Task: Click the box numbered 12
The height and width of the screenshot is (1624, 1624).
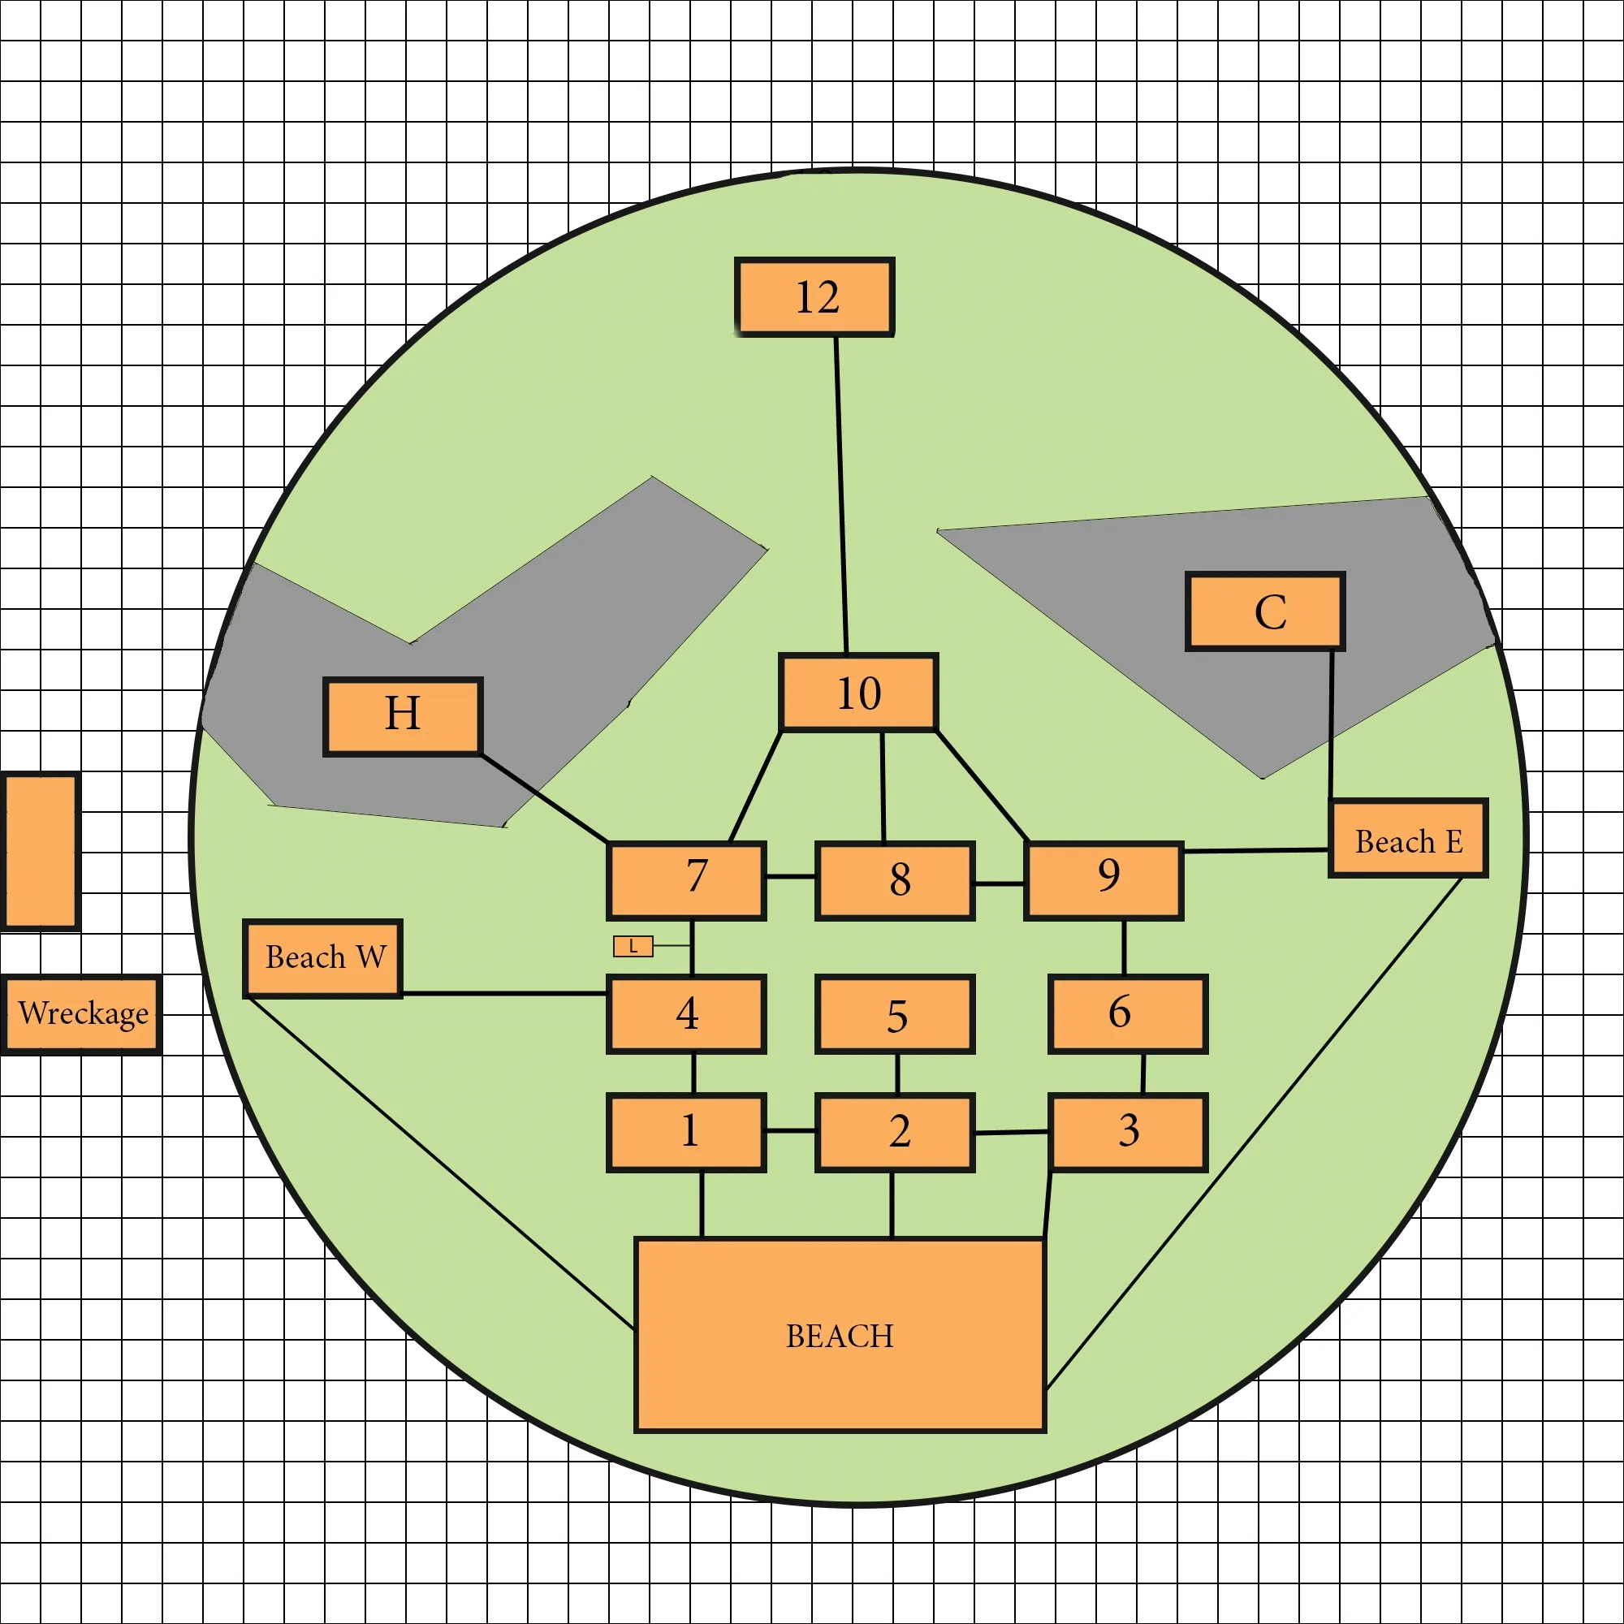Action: coord(814,296)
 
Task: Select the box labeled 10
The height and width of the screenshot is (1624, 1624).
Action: coord(858,693)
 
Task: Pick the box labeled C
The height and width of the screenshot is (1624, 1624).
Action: coord(1265,612)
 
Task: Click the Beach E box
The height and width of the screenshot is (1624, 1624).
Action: coord(1409,839)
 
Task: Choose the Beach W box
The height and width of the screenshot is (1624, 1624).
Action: coord(323,959)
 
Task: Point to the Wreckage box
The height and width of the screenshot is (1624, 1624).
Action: coord(80,1014)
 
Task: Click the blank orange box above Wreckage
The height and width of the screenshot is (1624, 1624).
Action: coord(41,853)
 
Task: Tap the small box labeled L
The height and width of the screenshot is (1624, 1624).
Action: coord(633,947)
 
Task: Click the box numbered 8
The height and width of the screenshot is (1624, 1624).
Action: coord(894,881)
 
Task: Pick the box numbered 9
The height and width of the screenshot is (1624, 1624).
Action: coord(1104,881)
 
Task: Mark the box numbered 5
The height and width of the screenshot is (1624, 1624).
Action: coord(894,1014)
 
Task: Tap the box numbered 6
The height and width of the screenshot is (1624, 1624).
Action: coord(1127,1014)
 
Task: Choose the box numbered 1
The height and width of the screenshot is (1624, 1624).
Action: coord(686,1133)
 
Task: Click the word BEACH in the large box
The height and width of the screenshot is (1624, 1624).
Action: coord(840,1337)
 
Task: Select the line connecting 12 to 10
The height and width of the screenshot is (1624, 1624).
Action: coord(841,495)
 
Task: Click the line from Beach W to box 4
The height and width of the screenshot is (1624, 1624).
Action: coord(504,994)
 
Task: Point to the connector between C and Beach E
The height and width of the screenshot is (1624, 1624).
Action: coord(1331,724)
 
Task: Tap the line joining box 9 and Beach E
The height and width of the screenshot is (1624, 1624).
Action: coord(1256,851)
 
